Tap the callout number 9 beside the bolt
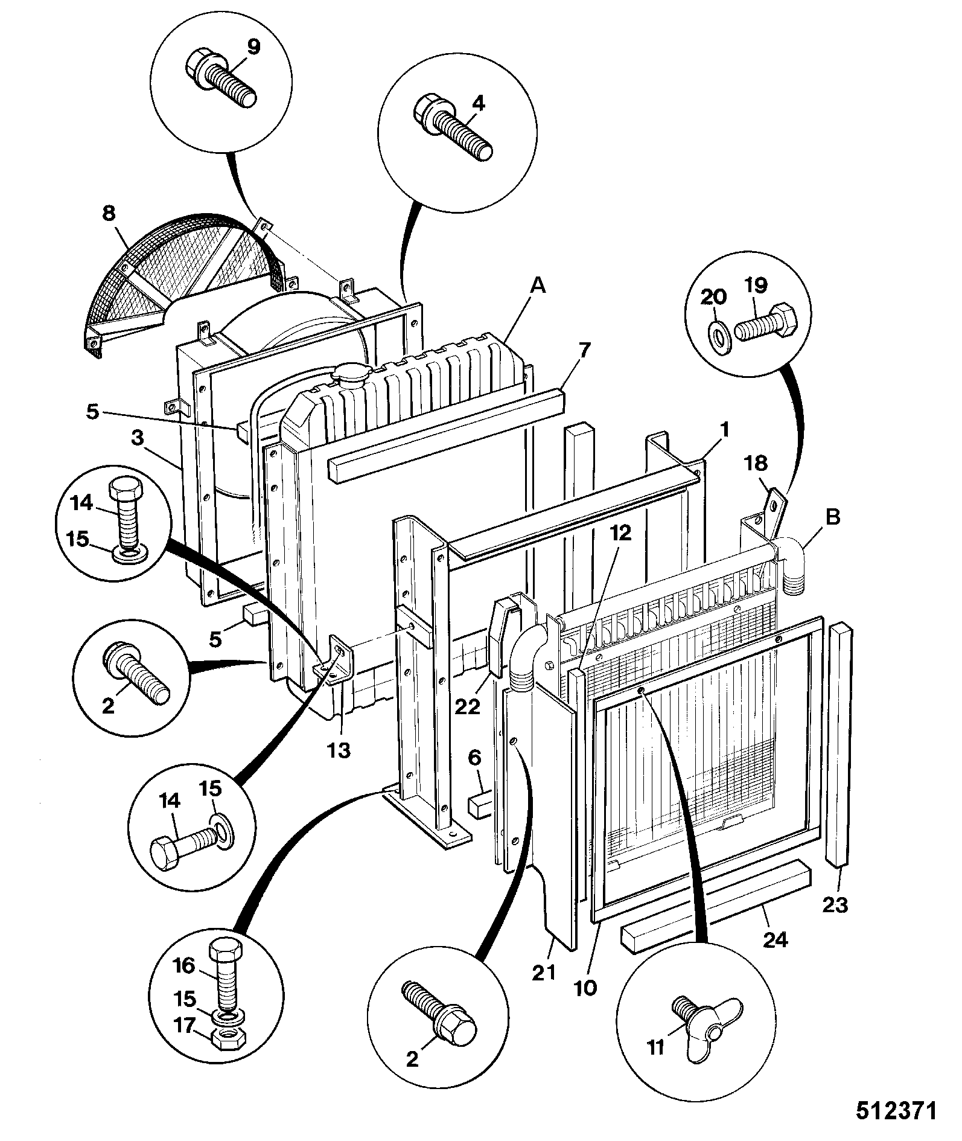pos(254,47)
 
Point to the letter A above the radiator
pos(537,286)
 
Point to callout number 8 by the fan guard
pos(109,214)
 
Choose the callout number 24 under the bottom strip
pos(776,939)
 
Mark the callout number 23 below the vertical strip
pos(835,904)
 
